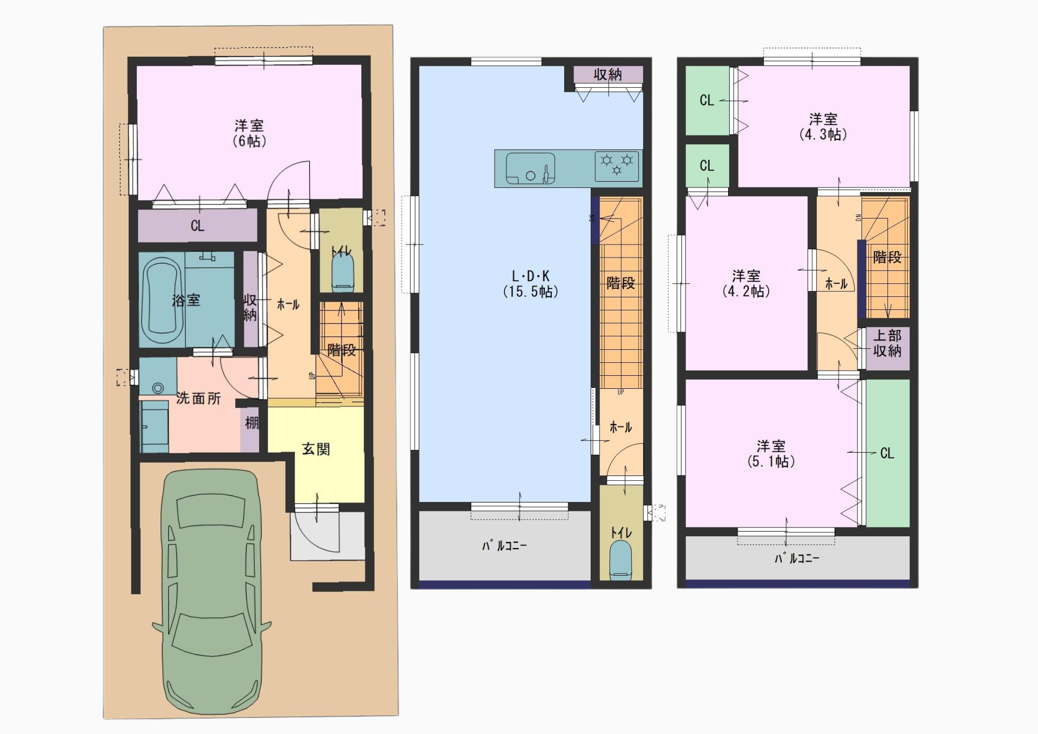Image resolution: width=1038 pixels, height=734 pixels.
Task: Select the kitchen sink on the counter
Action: pos(530,168)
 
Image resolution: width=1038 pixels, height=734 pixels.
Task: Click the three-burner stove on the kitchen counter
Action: pos(617,166)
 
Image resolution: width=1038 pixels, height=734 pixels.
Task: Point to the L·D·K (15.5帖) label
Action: pos(530,284)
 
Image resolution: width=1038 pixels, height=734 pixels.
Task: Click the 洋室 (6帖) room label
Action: pos(249,133)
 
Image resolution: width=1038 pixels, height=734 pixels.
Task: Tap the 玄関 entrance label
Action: pos(316,449)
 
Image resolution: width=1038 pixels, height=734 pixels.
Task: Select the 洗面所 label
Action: pos(198,398)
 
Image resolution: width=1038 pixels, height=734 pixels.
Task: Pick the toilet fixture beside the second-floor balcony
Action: pos(621,559)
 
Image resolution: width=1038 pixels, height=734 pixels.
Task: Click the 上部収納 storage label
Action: pos(887,343)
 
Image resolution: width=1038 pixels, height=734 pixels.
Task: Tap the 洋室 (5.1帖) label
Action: pos(771,454)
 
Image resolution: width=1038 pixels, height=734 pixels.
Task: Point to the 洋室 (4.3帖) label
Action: pos(823,127)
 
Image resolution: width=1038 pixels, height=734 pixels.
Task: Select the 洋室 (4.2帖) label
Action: pos(746,283)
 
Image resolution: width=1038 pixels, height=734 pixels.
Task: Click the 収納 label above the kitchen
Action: pos(608,75)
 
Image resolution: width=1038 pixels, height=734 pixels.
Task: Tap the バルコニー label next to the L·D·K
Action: pos(504,546)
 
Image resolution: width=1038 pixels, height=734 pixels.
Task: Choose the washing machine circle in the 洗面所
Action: pos(158,388)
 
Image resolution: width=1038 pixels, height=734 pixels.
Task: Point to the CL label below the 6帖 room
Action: pos(197,226)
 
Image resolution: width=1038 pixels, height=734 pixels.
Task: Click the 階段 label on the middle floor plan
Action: pos(621,283)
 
